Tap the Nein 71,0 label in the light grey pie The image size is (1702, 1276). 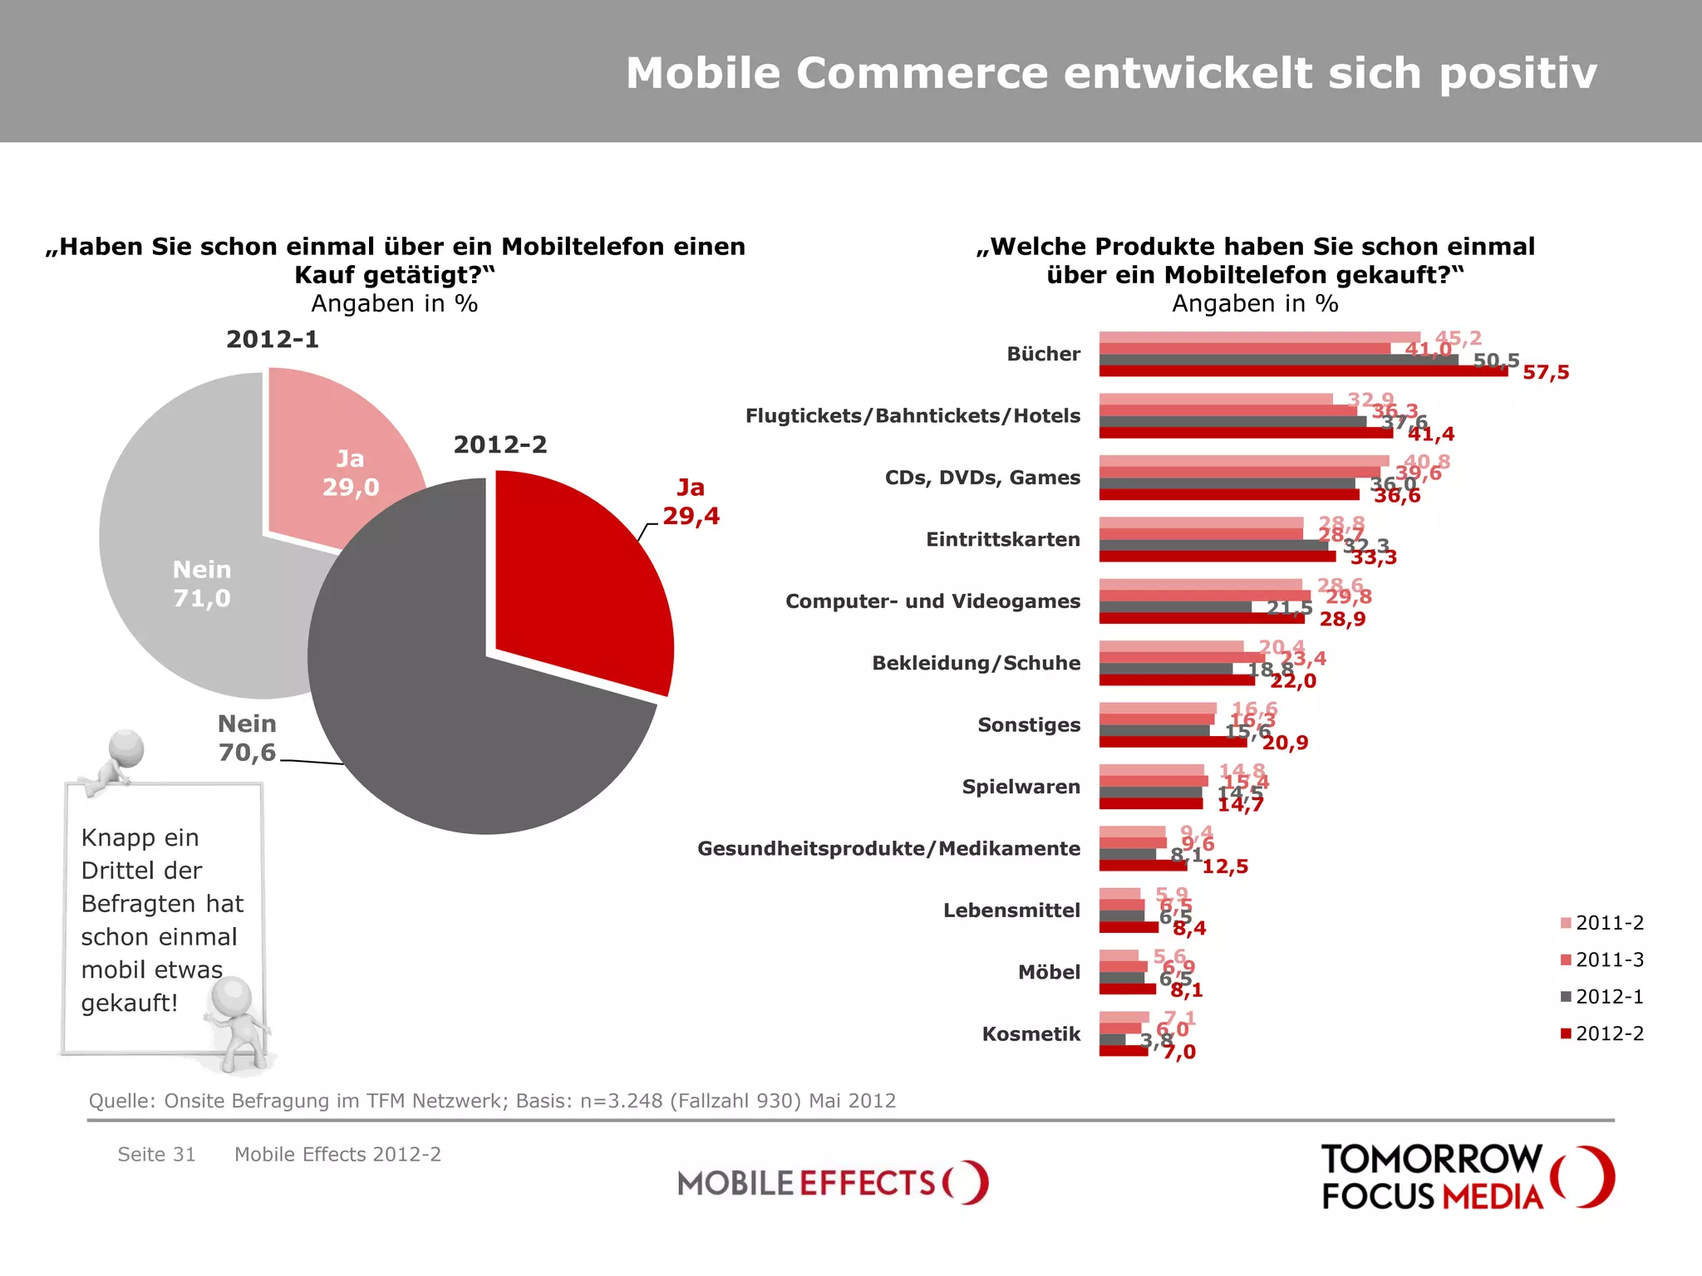pyautogui.click(x=202, y=584)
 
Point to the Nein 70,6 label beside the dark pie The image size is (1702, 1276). pyautogui.click(x=247, y=738)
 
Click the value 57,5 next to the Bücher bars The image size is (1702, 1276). pyautogui.click(x=1546, y=372)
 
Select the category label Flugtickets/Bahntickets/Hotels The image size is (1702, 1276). pyautogui.click(x=912, y=415)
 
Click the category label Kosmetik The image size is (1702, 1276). pyautogui.click(x=1031, y=1034)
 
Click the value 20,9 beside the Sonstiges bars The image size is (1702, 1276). pyautogui.click(x=1285, y=743)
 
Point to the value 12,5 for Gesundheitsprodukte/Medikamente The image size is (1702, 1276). pyautogui.click(x=1225, y=866)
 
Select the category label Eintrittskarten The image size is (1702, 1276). pyautogui.click(x=1003, y=539)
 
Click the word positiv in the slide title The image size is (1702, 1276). pyautogui.click(x=1518, y=73)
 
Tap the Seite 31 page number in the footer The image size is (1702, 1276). pyautogui.click(x=156, y=1154)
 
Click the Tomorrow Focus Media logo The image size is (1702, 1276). pyautogui.click(x=1467, y=1176)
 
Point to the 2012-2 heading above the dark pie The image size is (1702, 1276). pyautogui.click(x=500, y=444)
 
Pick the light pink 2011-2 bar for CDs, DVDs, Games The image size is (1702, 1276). pyautogui.click(x=1243, y=460)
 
